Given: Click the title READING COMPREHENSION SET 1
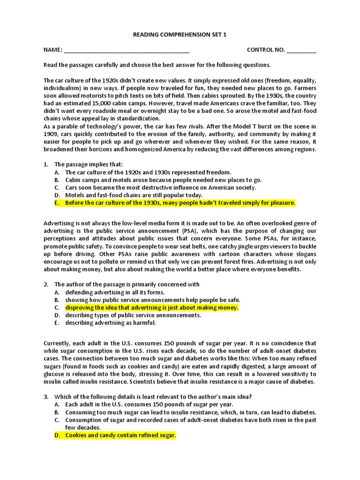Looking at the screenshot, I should point(180,35).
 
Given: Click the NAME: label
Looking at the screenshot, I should point(53,50).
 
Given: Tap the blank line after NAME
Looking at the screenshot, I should point(127,51).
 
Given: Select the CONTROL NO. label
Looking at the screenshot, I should point(266,50).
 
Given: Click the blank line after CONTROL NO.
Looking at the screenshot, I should point(301,51).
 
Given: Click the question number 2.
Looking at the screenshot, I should point(46,284).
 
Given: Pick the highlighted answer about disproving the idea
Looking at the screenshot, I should point(152,307).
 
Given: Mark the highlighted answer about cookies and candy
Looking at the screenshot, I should point(120,435).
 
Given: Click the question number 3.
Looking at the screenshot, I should point(46,397).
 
